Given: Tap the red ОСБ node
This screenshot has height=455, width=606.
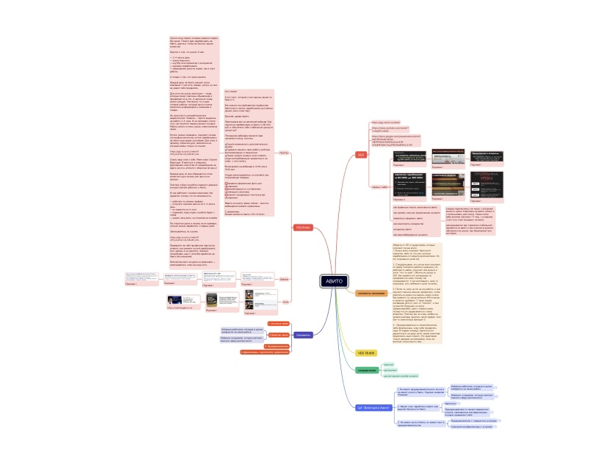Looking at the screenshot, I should click(361, 155).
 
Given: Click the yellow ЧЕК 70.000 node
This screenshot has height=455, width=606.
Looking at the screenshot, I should click(365, 353).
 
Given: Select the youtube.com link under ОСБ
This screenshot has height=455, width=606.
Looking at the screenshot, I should click(395, 129).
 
